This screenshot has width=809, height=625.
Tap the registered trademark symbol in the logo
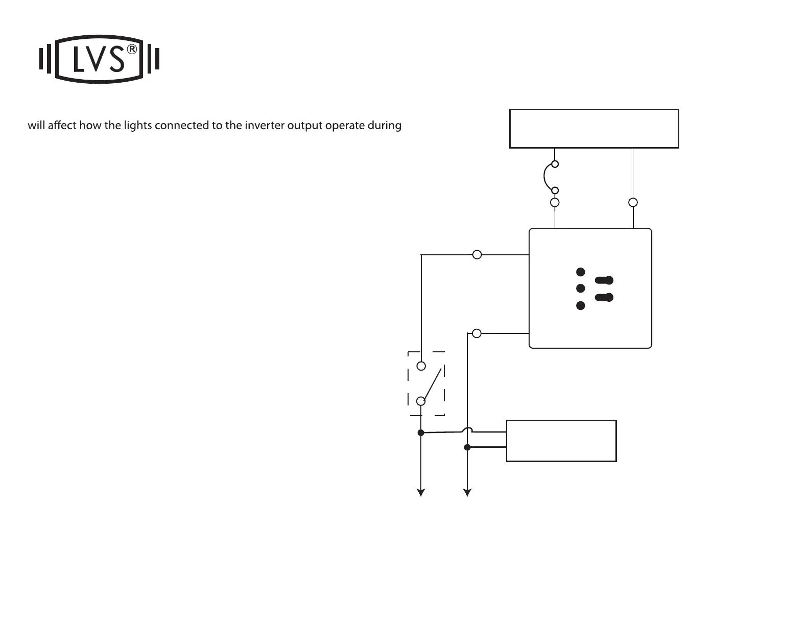pos(132,50)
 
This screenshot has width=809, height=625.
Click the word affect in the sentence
pos(62,125)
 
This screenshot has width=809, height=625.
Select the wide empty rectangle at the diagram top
pos(594,129)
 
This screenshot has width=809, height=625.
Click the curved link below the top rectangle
pos(546,177)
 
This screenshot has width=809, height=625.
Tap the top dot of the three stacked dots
pos(580,272)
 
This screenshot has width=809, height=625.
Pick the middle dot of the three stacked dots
pos(580,289)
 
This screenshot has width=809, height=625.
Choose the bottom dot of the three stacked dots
pos(580,305)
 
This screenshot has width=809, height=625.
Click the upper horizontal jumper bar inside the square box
pos(604,280)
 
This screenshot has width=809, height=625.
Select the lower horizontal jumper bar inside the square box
pos(604,297)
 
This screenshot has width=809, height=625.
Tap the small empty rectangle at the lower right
pos(561,441)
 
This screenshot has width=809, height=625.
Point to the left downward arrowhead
pos(421,492)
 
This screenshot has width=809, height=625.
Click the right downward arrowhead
pos(467,492)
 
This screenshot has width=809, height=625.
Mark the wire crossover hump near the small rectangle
pos(467,430)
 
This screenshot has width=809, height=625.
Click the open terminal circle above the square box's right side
pos(633,202)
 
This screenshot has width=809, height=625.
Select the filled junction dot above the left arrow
pos(421,432)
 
